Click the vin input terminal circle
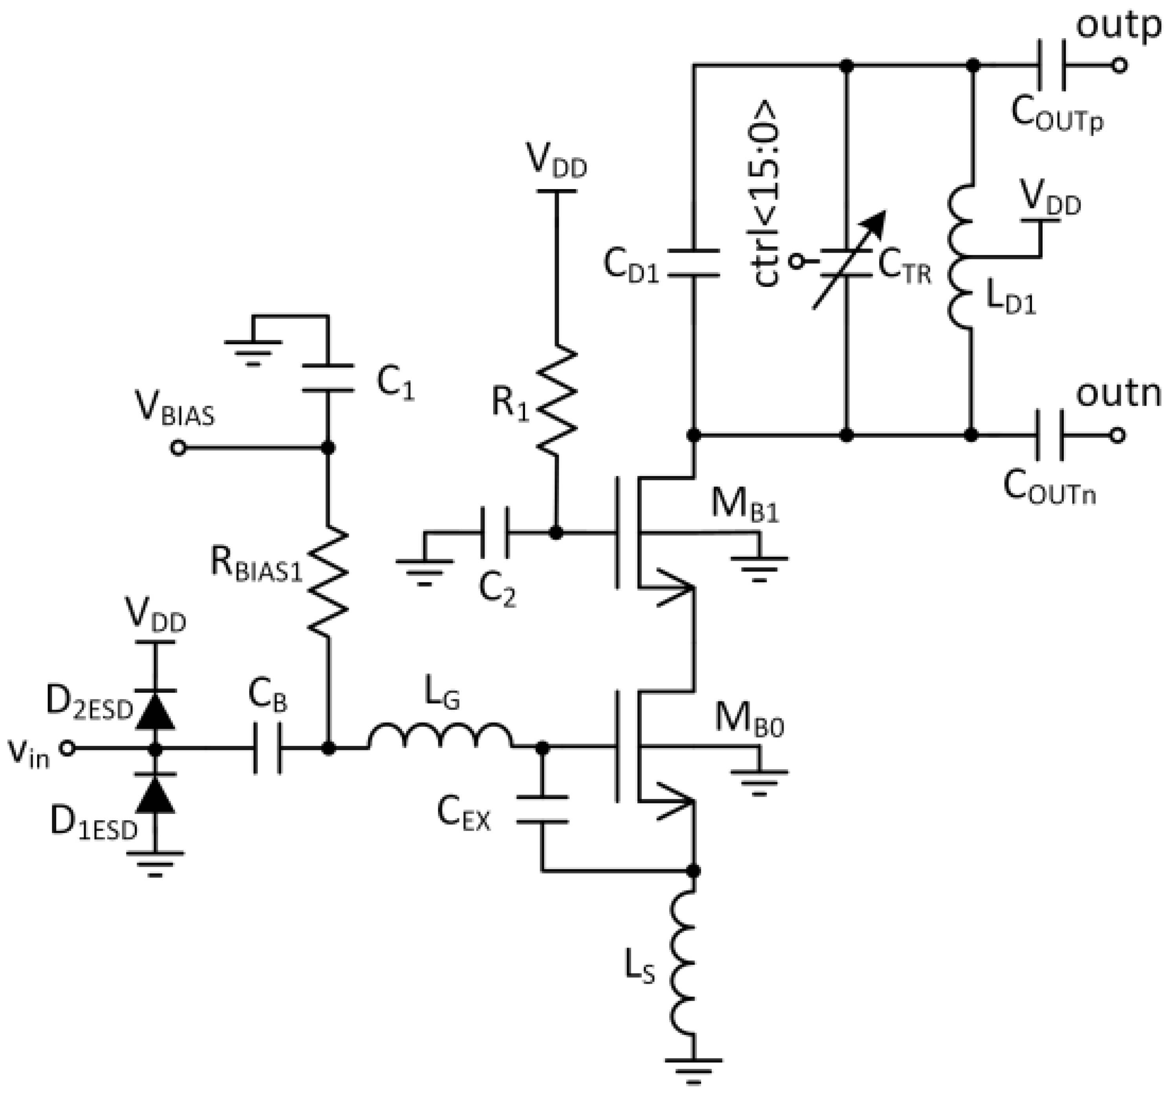click(68, 748)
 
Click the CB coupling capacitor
click(268, 748)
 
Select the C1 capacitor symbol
click(328, 378)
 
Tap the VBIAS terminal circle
click(178, 448)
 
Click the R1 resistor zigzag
click(556, 400)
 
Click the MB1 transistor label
click(745, 506)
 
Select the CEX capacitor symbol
click(542, 809)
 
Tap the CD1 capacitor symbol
click(694, 263)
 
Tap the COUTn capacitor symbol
click(1050, 436)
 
